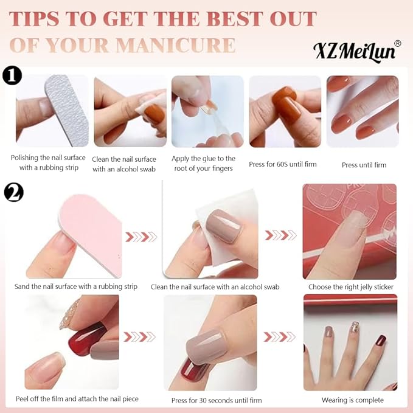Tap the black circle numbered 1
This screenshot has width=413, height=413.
[x=12, y=76]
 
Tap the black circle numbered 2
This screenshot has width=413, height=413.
[x=14, y=192]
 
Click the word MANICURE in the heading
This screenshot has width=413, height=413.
[x=176, y=45]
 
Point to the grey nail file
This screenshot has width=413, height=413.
[x=67, y=110]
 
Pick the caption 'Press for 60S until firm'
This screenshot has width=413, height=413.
[x=283, y=164]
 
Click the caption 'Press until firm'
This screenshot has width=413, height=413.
[x=364, y=165]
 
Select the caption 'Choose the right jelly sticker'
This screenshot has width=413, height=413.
[x=351, y=287]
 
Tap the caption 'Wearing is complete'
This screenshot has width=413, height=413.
[x=352, y=400]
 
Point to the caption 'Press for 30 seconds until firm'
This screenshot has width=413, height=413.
[x=217, y=400]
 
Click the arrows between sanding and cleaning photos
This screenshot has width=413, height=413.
[x=141, y=237]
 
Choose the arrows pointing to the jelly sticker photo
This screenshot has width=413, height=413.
[x=280, y=235]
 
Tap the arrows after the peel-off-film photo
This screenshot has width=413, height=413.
[x=140, y=337]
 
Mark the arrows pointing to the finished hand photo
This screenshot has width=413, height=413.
[x=279, y=337]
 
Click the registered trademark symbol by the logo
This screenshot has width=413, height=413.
[x=398, y=43]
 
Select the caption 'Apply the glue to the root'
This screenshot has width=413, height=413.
[x=203, y=163]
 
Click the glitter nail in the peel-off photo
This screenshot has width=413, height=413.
[x=69, y=314]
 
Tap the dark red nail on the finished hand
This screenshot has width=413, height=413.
[x=381, y=341]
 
